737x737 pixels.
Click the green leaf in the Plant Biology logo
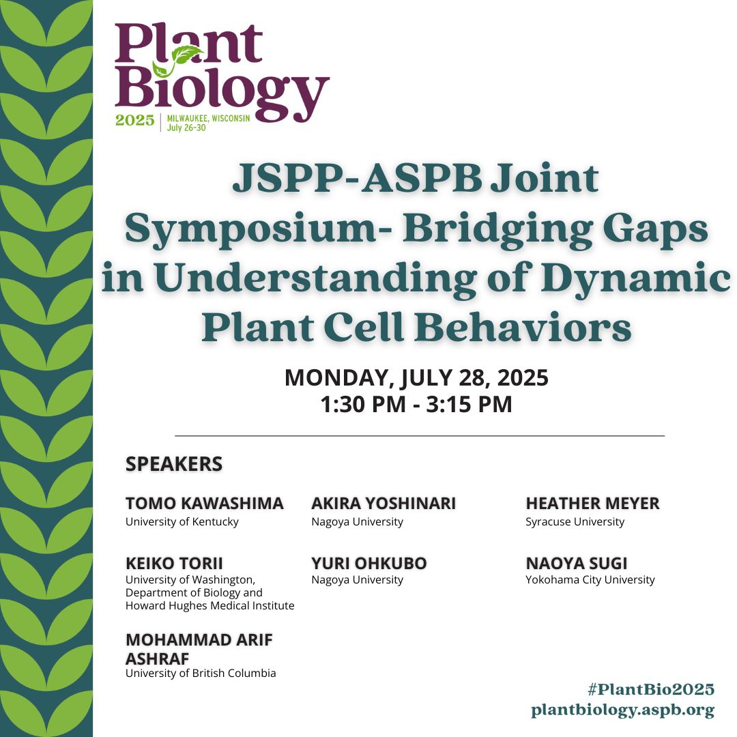coord(187,54)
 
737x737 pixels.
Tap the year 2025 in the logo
coord(135,121)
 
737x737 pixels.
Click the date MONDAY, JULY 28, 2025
coord(416,377)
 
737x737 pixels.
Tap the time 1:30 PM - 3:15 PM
coord(416,404)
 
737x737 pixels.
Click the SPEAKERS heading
coord(174,464)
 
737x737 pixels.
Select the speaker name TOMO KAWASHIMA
coord(204,504)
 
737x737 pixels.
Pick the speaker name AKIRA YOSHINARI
coord(384,504)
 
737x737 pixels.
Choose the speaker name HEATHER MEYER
coord(592,504)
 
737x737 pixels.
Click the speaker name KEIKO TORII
coord(174,563)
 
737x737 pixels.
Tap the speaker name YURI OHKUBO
coord(369,563)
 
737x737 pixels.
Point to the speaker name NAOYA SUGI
coord(576,563)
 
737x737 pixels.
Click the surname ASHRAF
coord(157,658)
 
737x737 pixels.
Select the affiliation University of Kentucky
coord(182,522)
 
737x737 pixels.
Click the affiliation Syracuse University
coord(575,522)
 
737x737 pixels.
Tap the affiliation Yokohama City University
coord(590,580)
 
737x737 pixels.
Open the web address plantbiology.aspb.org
coord(622,710)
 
